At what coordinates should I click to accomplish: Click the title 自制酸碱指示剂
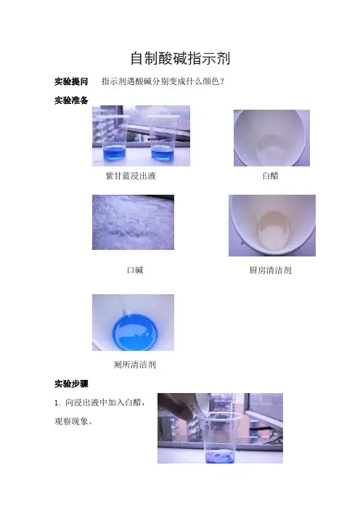click(x=180, y=59)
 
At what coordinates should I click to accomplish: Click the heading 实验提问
click(x=71, y=81)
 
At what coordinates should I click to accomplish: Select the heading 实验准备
click(x=71, y=100)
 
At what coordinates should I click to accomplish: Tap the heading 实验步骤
click(x=71, y=384)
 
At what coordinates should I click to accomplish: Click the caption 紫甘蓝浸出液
click(x=131, y=176)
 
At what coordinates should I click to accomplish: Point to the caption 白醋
click(x=270, y=176)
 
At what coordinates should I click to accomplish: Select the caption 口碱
click(x=135, y=270)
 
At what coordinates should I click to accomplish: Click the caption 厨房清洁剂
click(x=270, y=270)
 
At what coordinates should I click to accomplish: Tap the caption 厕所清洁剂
click(x=135, y=365)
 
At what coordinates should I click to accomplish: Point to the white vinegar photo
click(x=271, y=138)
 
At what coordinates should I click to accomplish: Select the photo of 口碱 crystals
click(x=133, y=222)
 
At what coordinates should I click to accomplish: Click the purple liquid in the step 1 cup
click(x=220, y=456)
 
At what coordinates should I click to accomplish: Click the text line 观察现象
click(x=73, y=421)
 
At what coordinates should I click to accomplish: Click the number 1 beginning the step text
click(x=57, y=403)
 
